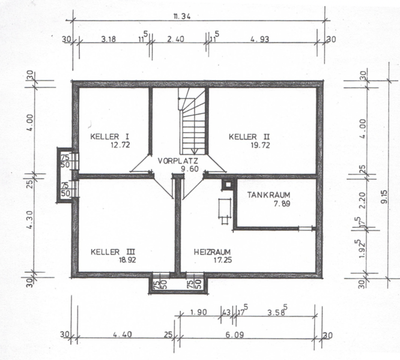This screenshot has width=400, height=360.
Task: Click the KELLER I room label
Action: [x=109, y=136]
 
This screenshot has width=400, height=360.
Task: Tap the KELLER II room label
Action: [x=249, y=137]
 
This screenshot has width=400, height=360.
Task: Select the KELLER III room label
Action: [x=113, y=252]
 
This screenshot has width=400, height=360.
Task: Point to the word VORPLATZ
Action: [x=178, y=161]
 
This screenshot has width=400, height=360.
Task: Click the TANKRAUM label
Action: [x=268, y=195]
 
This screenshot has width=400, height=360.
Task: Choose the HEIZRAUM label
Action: [x=212, y=252]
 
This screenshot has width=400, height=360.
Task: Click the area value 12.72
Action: [x=120, y=145]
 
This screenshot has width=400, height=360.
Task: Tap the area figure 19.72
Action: [x=260, y=145]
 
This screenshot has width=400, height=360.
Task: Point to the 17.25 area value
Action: [x=223, y=260]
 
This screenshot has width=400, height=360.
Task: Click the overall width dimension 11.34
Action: [x=182, y=17]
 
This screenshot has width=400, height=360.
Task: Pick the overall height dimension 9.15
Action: [x=384, y=196]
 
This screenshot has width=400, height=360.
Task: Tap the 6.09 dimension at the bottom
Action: [x=234, y=334]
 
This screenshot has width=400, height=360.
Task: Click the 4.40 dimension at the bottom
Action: [x=123, y=334]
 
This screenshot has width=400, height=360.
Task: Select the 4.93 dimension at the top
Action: [x=259, y=40]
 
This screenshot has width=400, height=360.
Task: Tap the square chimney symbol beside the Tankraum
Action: [x=228, y=184]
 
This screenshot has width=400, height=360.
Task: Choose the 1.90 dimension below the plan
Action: [x=198, y=312]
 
